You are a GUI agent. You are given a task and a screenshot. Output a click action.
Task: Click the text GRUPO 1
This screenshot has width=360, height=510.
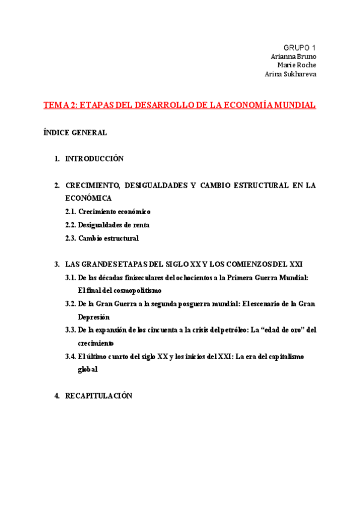(299, 48)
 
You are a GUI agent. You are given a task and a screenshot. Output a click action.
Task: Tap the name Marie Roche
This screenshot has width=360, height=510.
(296, 65)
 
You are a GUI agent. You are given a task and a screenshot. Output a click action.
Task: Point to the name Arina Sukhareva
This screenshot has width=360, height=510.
(290, 74)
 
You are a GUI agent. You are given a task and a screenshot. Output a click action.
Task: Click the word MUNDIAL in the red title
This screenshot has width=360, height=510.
(294, 105)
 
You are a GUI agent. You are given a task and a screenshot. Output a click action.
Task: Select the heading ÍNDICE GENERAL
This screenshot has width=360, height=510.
(75, 132)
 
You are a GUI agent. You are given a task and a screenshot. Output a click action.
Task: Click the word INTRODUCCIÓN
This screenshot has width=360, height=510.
(94, 159)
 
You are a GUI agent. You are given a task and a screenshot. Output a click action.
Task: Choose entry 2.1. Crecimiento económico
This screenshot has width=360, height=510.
(108, 212)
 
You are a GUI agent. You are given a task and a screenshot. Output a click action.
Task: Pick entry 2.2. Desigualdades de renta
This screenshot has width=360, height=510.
(107, 225)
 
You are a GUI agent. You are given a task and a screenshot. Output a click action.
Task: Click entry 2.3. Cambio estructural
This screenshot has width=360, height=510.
(102, 238)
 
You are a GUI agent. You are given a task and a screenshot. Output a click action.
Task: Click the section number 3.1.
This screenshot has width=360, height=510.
(70, 278)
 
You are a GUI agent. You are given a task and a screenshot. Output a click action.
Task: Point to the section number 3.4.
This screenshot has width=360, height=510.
(70, 357)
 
